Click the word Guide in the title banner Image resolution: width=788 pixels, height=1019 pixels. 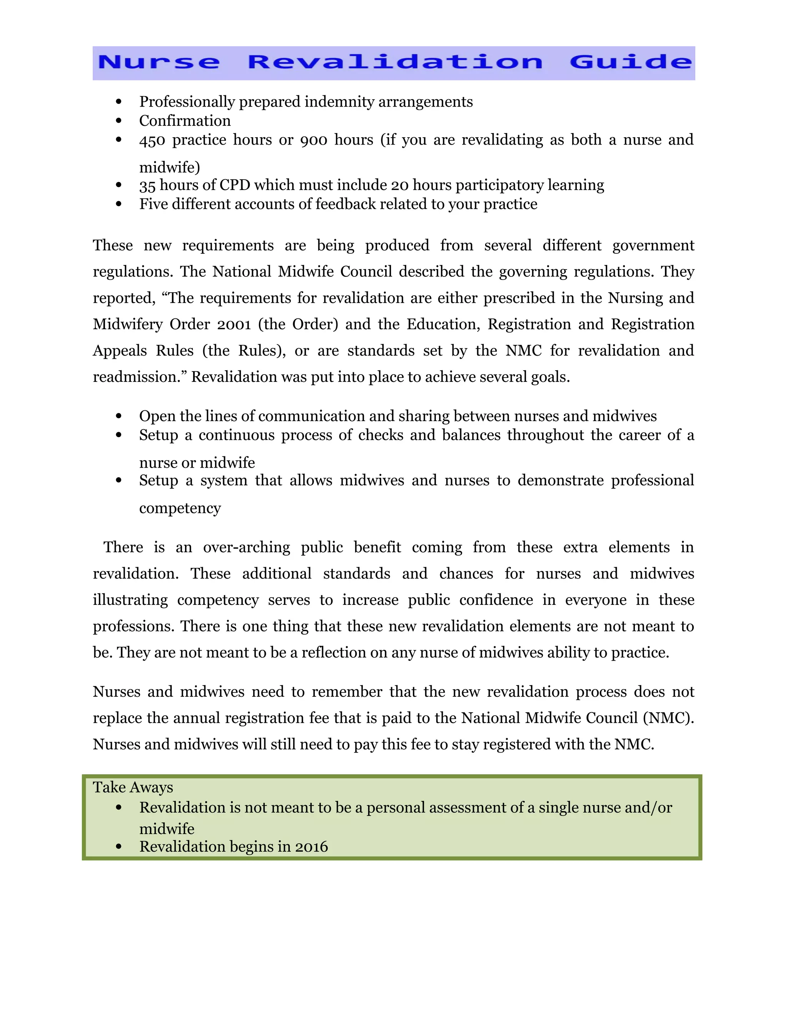tap(630, 62)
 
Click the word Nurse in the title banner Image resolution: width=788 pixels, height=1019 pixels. tap(159, 62)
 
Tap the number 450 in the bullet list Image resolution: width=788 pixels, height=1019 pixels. tap(152, 140)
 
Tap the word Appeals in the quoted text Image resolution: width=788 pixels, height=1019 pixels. tap(120, 350)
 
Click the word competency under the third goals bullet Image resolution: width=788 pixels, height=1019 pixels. tap(180, 508)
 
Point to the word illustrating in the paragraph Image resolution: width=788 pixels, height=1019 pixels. tap(130, 600)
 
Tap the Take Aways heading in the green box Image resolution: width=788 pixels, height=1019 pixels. tap(133, 787)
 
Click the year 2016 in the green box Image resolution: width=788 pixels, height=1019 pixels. tap(311, 847)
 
